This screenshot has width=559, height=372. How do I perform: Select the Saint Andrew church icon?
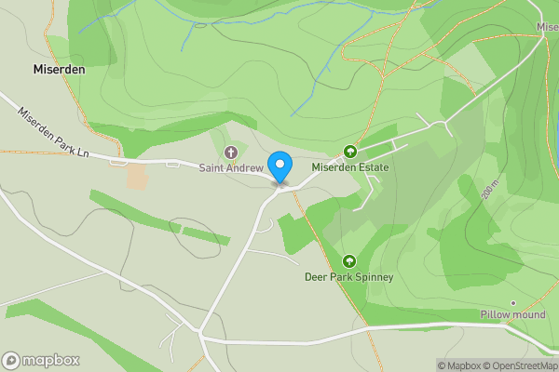(x=231, y=153)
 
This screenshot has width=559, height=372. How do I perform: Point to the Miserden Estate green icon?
(x=351, y=152)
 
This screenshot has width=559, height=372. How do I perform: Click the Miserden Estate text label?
(x=349, y=167)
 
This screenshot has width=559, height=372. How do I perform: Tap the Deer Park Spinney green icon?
(x=349, y=261)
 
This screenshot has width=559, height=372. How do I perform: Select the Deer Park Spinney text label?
(x=349, y=277)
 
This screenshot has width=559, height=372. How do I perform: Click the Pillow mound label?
(x=511, y=314)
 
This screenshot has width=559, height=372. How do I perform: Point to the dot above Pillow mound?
(x=512, y=302)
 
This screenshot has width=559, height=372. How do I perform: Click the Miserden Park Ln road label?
(x=52, y=131)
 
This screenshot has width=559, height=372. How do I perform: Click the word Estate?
(x=372, y=167)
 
